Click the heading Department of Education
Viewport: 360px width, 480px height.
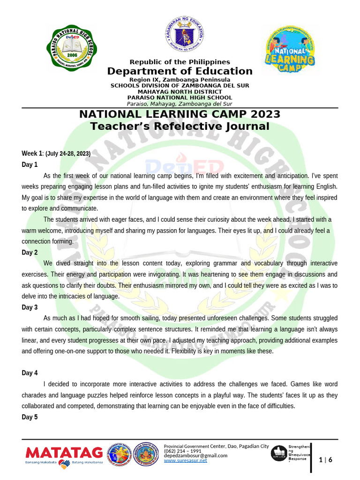point(180,71)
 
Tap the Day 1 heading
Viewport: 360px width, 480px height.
point(30,165)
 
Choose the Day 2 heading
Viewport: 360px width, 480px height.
point(30,253)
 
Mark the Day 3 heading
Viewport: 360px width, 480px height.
point(30,307)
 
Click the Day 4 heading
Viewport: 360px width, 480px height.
point(30,373)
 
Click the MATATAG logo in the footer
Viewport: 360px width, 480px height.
point(64,452)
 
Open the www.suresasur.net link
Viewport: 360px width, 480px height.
point(185,461)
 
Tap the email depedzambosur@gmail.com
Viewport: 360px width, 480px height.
point(195,456)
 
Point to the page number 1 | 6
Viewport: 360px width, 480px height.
point(326,460)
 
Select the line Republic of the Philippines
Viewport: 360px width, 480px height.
point(180,62)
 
